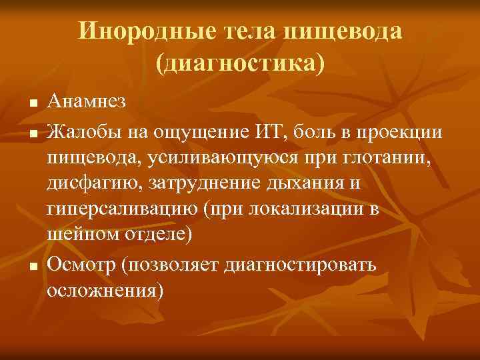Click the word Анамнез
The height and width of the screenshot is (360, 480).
86,102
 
